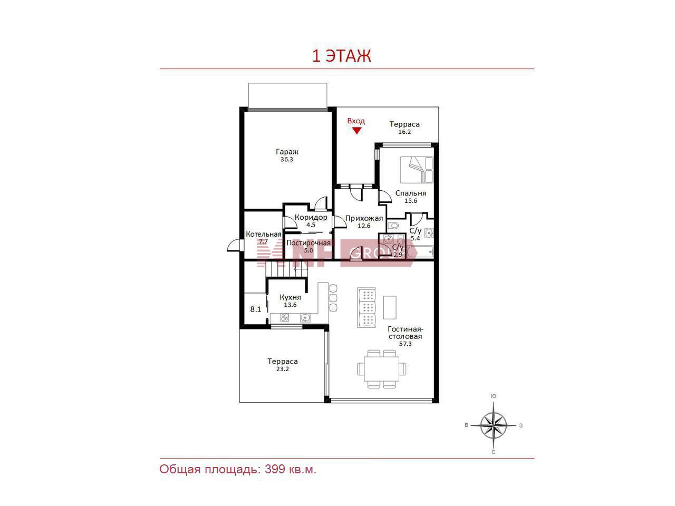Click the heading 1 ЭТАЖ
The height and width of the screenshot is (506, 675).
coord(341,56)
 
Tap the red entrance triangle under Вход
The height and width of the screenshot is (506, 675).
coord(356,131)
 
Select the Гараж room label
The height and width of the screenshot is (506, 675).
coord(287,152)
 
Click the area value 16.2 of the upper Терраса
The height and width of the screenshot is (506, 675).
coord(404,132)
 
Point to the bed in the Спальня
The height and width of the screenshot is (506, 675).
coord(417,170)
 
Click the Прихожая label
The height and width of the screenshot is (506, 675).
coord(364,218)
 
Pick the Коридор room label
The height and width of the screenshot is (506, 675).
coord(311,217)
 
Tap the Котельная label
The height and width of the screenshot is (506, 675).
coord(264,234)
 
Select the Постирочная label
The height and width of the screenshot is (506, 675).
coord(308,242)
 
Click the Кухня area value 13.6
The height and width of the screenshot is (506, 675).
coord(290,305)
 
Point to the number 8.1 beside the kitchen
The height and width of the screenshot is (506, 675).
coord(255,309)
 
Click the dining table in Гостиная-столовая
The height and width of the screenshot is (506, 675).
coord(381,369)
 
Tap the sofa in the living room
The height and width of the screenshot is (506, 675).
coord(367,307)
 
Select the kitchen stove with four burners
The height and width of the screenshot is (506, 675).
coord(285,318)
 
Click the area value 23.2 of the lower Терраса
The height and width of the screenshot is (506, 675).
coord(282,369)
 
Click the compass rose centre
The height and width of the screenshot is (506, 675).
coord(493,425)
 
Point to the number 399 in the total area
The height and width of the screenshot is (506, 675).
coord(275,469)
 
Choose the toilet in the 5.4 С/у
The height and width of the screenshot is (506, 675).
coord(393,226)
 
